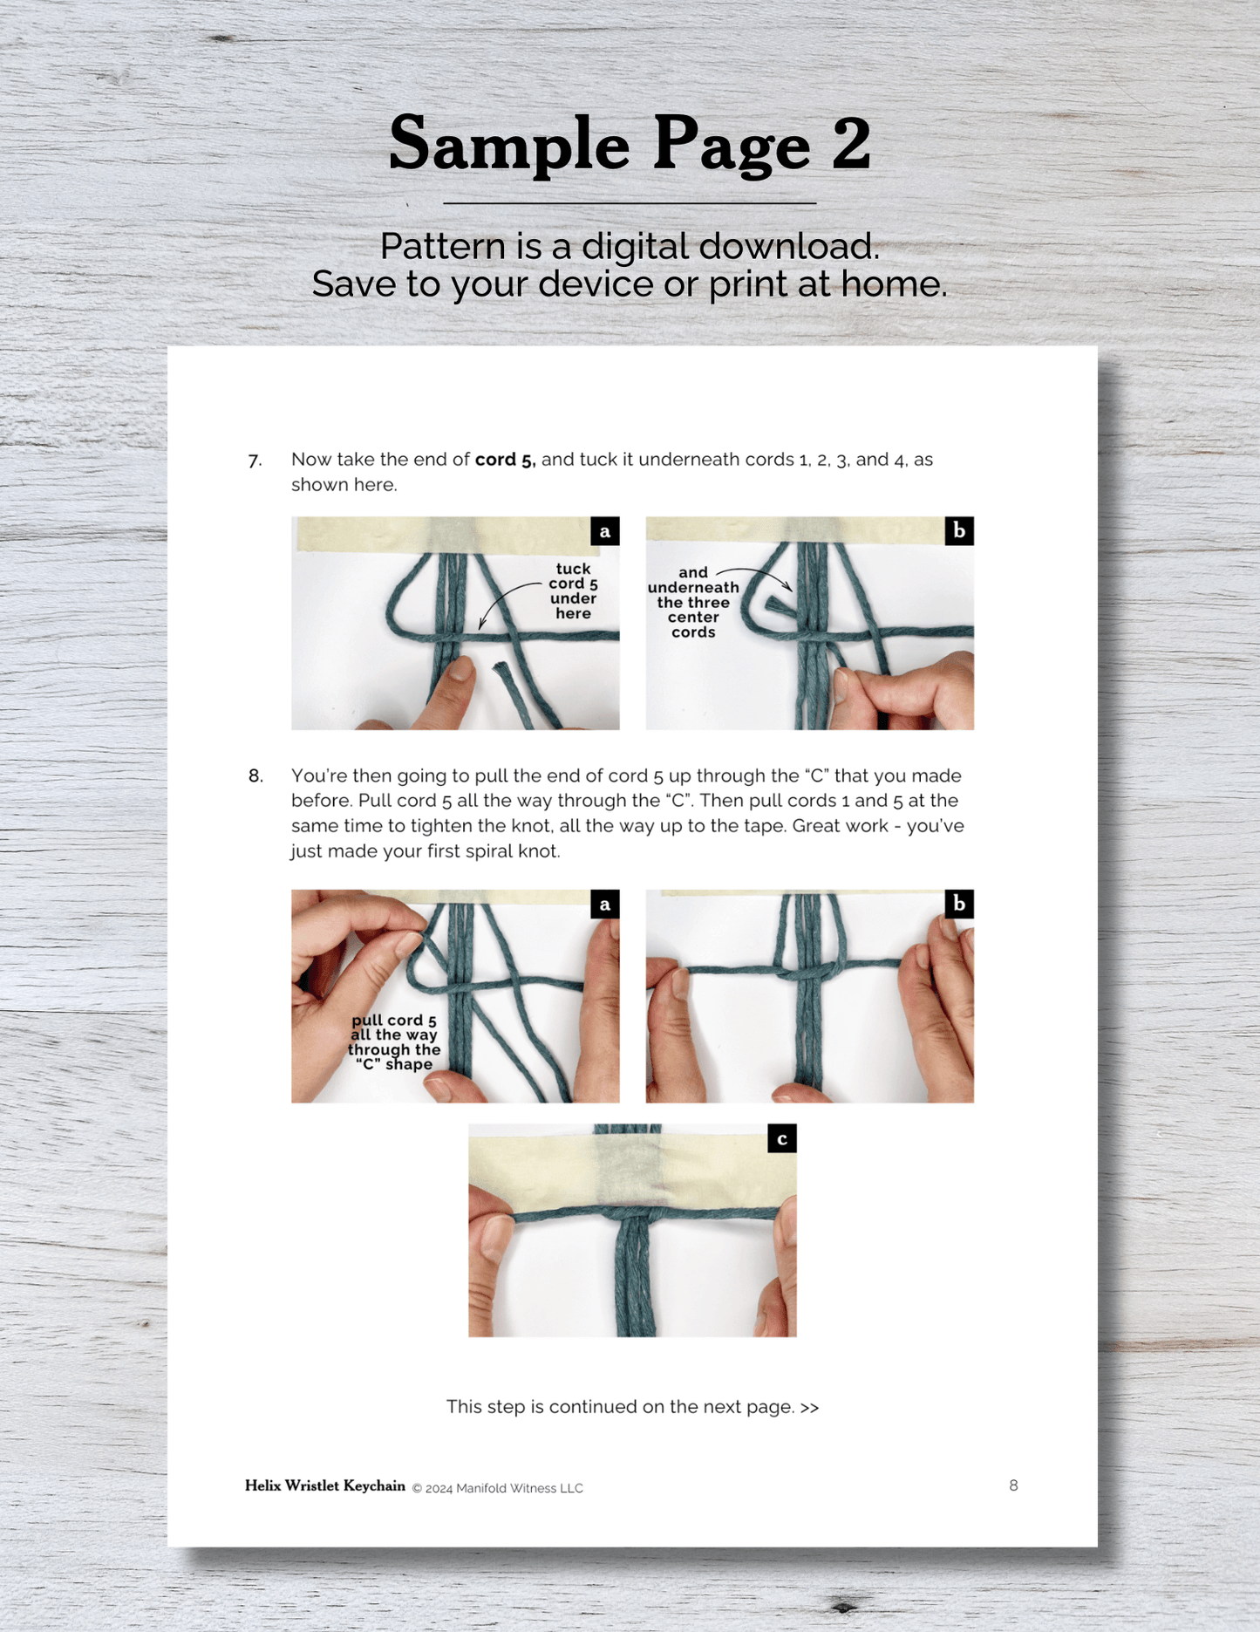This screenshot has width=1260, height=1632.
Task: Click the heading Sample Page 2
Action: click(x=630, y=144)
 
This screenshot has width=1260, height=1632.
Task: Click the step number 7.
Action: click(x=255, y=461)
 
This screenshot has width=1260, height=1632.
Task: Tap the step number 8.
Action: click(x=255, y=776)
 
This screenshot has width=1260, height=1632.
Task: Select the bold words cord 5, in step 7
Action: click(x=505, y=460)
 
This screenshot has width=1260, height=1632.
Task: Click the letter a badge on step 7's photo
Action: click(x=605, y=531)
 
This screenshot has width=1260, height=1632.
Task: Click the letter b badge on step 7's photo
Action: click(x=959, y=531)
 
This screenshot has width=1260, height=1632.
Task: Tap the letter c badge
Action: click(x=782, y=1138)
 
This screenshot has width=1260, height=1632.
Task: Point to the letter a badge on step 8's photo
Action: click(x=605, y=905)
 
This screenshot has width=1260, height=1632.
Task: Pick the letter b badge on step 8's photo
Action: click(x=959, y=905)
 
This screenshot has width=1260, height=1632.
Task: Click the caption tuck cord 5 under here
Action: click(x=573, y=591)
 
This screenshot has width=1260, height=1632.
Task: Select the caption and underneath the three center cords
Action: click(x=693, y=603)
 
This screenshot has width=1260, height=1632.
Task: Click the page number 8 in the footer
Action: click(x=1013, y=1485)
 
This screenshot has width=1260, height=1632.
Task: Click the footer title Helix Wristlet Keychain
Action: click(x=325, y=1485)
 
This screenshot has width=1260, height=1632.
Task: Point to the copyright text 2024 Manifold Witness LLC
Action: click(x=504, y=1488)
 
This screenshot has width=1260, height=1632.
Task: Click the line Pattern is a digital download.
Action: click(x=630, y=246)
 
